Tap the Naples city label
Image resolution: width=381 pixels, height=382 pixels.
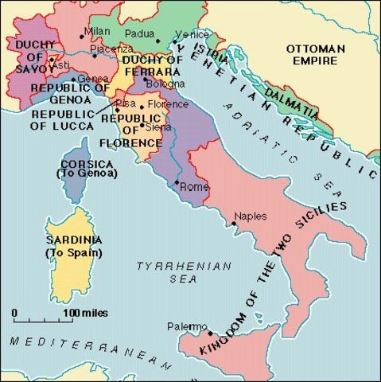click(251, 216)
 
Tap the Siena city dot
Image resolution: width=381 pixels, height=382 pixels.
click(141, 125)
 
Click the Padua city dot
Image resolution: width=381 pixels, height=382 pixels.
click(157, 41)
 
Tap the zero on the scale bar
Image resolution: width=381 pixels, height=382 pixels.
click(14, 312)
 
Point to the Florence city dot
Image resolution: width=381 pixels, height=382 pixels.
click(142, 104)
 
